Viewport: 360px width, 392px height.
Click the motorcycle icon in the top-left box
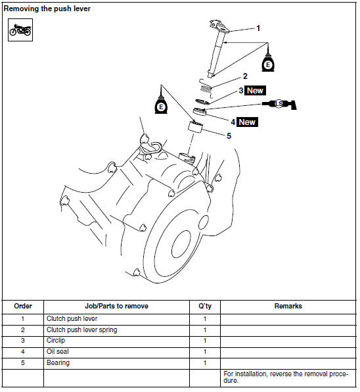[x=20, y=30]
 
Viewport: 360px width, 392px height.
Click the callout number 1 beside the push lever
[x=258, y=28]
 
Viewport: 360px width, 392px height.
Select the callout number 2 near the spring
[x=245, y=76]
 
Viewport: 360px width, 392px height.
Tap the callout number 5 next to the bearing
[x=229, y=135]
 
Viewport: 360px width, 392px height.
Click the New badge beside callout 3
[x=255, y=91]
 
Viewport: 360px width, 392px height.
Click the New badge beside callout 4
[x=247, y=122]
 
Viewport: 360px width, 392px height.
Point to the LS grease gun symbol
[x=279, y=104]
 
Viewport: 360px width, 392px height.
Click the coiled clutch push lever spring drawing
[x=206, y=87]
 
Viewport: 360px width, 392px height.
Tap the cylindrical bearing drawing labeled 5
[x=195, y=126]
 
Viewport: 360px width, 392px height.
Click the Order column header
[x=23, y=306]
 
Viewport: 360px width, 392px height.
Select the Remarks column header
[x=288, y=306]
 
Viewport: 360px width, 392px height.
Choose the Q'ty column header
[x=205, y=306]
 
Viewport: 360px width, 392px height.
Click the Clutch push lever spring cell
[x=81, y=330]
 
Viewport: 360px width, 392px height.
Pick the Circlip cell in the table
[x=56, y=341]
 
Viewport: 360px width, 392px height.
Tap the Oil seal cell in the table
[x=58, y=351]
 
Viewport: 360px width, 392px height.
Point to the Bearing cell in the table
[x=58, y=363]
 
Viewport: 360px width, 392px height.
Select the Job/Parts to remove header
[x=116, y=306]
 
